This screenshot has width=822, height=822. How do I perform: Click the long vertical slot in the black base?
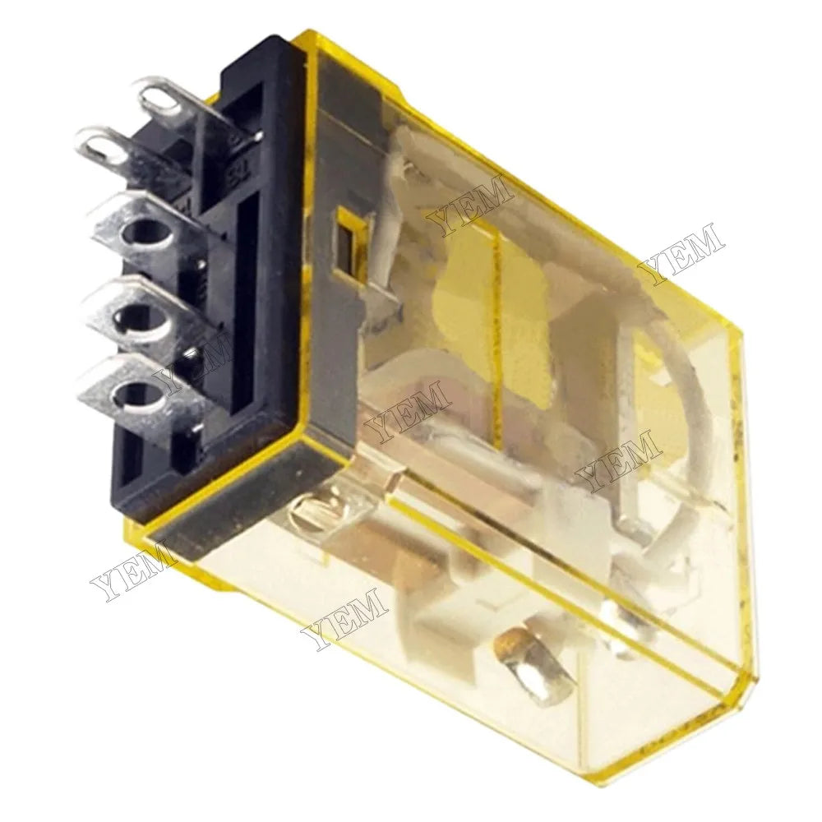pos(246,312)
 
